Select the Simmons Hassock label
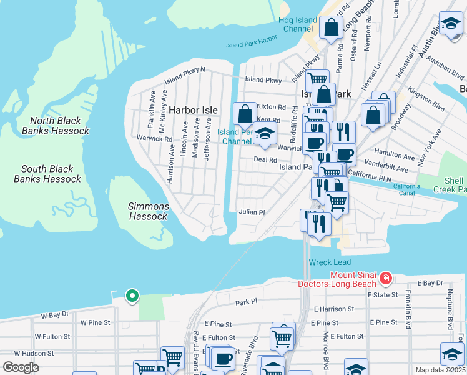[148, 211]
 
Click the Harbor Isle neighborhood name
[194, 110]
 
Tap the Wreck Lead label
[330, 262]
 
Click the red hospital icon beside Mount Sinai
[386, 277]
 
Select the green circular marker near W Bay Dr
[132, 296]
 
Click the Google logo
[21, 367]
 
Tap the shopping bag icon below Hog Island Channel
[330, 27]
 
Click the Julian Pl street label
[252, 212]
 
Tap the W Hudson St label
[35, 353]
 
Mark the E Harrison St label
[334, 309]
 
